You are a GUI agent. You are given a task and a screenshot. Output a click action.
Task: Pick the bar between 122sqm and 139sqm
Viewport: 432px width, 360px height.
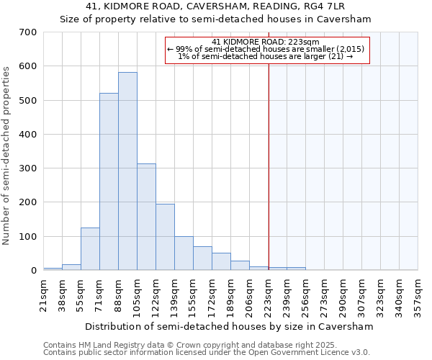point(165,237)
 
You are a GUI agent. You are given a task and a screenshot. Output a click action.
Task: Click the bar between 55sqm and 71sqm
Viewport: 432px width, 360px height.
point(90,249)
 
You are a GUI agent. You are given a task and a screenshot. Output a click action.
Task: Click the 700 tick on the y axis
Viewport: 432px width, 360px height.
point(28,32)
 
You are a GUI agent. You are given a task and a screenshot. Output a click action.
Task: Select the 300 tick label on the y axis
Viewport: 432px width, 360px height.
point(28,168)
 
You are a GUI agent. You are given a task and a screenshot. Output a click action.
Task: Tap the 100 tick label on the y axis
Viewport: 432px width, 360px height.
point(28,237)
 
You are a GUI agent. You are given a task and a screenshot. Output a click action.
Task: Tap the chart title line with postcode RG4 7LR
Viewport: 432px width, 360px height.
point(215,6)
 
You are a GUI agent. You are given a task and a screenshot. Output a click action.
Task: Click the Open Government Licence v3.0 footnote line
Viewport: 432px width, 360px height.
point(207,353)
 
